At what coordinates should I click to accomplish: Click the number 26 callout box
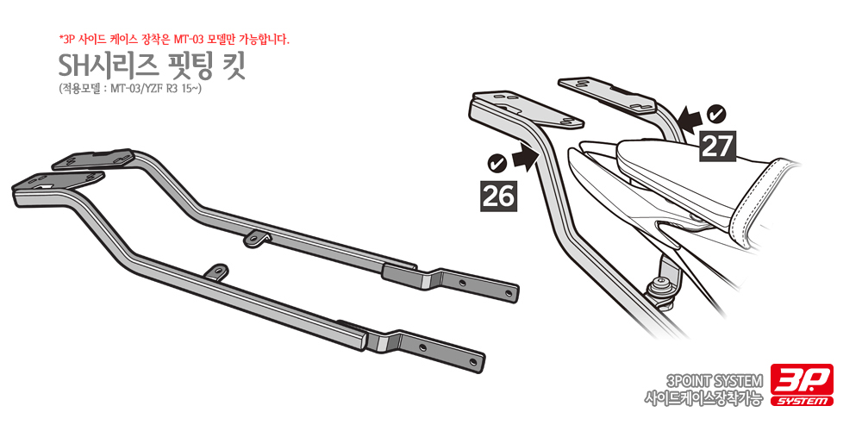click(499, 196)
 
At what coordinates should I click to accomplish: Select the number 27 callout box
click(716, 146)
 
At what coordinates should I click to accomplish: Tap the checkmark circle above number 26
click(497, 163)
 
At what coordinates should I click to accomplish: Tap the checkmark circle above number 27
click(716, 115)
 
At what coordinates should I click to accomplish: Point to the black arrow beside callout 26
click(524, 159)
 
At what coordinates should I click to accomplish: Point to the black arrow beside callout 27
click(690, 119)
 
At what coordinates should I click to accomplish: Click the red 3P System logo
click(802, 384)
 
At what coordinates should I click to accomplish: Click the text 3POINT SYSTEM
click(714, 380)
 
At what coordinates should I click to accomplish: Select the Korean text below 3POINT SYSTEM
click(704, 397)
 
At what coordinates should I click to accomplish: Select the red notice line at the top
click(174, 40)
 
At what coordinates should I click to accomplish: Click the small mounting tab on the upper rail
click(257, 238)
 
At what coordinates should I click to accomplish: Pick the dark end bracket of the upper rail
click(450, 280)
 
